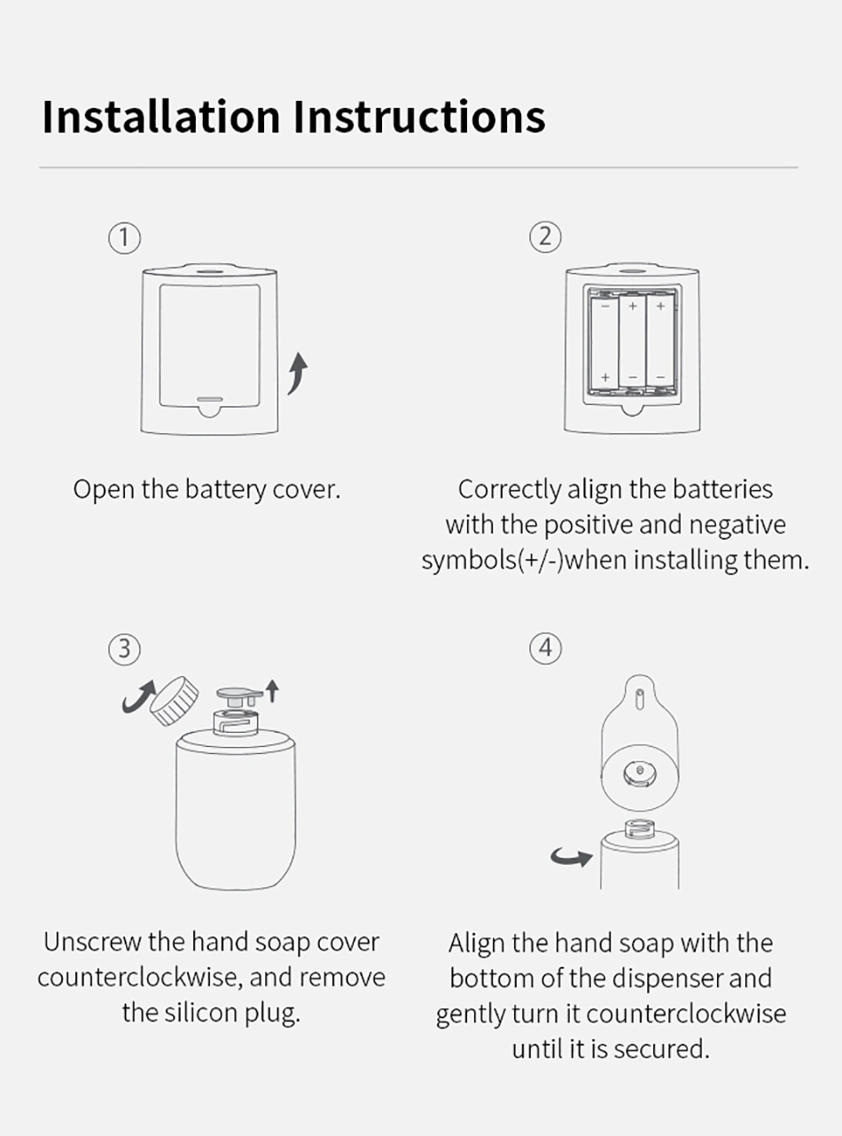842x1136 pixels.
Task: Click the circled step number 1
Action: point(124,238)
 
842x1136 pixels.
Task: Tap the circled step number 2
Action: point(545,237)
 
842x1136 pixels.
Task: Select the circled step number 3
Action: point(125,650)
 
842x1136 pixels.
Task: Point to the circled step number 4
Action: point(546,649)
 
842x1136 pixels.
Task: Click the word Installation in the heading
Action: point(161,116)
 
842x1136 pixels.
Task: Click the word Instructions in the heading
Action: point(420,116)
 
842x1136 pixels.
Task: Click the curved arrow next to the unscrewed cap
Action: point(137,696)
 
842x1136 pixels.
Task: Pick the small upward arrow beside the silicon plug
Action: point(273,691)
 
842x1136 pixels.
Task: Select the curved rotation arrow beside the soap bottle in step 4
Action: point(572,857)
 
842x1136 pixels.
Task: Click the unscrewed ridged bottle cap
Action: point(175,701)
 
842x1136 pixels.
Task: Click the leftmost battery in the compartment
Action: point(604,343)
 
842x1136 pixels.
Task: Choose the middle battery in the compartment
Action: point(633,339)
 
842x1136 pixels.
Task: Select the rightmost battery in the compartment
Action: point(660,339)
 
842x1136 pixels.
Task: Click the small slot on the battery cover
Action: point(210,399)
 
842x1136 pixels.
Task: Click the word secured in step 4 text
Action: point(661,1049)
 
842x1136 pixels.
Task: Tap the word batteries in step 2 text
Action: point(722,489)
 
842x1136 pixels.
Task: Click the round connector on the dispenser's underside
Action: point(640,773)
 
